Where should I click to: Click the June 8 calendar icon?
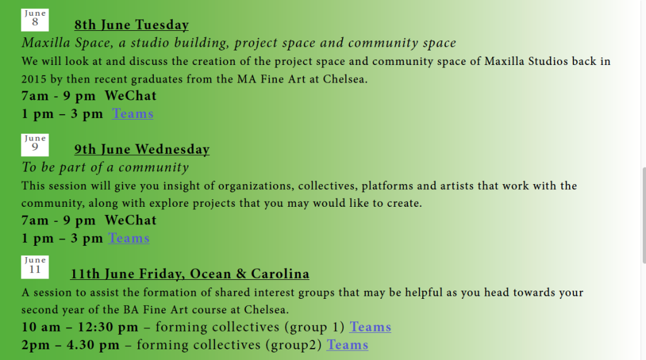coord(35,20)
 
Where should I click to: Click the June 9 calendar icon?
coord(35,145)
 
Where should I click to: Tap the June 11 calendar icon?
coord(35,267)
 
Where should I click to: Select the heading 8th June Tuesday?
coord(131,25)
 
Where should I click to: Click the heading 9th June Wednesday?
coord(142,149)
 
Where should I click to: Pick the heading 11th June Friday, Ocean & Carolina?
coord(189,274)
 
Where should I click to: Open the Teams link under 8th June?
coord(132,113)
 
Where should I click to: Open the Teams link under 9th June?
coord(129,238)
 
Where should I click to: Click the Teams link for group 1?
coord(370,327)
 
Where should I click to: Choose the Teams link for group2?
coord(348,345)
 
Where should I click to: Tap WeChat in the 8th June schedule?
coord(131,96)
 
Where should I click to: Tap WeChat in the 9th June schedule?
coord(131,221)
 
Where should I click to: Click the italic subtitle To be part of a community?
coord(105,167)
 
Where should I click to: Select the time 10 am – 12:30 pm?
coord(80,327)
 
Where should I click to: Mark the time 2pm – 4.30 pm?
coord(71,345)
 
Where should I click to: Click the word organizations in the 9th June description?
coord(256,186)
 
